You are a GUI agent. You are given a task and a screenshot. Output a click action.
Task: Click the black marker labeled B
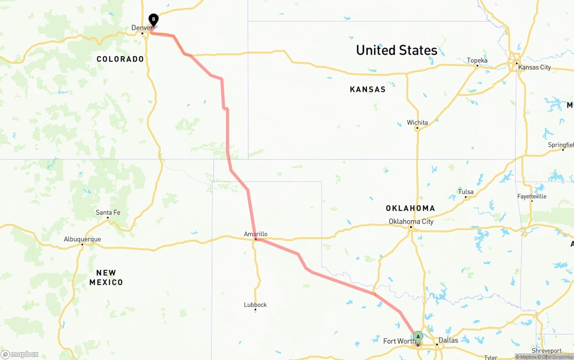[x=153, y=20]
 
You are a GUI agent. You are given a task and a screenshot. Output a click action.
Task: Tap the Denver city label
[x=141, y=28]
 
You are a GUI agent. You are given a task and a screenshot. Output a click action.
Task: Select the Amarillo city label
[x=256, y=234]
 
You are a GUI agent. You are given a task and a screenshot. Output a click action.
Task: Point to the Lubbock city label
[x=255, y=305]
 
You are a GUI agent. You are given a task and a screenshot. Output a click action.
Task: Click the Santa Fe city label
[x=108, y=213]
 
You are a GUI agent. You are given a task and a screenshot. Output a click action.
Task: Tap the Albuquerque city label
[x=82, y=239]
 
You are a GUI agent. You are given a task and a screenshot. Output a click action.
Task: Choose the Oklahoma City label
[x=411, y=221]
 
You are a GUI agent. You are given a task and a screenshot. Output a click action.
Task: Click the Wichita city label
[x=417, y=122]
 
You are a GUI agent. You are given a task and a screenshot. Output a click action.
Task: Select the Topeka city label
[x=477, y=61]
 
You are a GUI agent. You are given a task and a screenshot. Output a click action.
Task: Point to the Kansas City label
[x=534, y=68]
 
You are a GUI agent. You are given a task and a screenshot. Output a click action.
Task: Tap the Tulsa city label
[x=465, y=192]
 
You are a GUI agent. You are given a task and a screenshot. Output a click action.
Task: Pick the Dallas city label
[x=448, y=340]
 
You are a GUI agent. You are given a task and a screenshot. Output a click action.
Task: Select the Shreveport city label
[x=546, y=351]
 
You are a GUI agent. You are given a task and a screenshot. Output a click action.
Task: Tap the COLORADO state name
[x=120, y=59]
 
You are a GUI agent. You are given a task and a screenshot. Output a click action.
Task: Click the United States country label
[x=396, y=50]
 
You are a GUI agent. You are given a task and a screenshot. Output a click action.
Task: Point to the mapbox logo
[x=20, y=355]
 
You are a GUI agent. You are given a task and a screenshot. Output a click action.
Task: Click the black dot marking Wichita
[x=417, y=128]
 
